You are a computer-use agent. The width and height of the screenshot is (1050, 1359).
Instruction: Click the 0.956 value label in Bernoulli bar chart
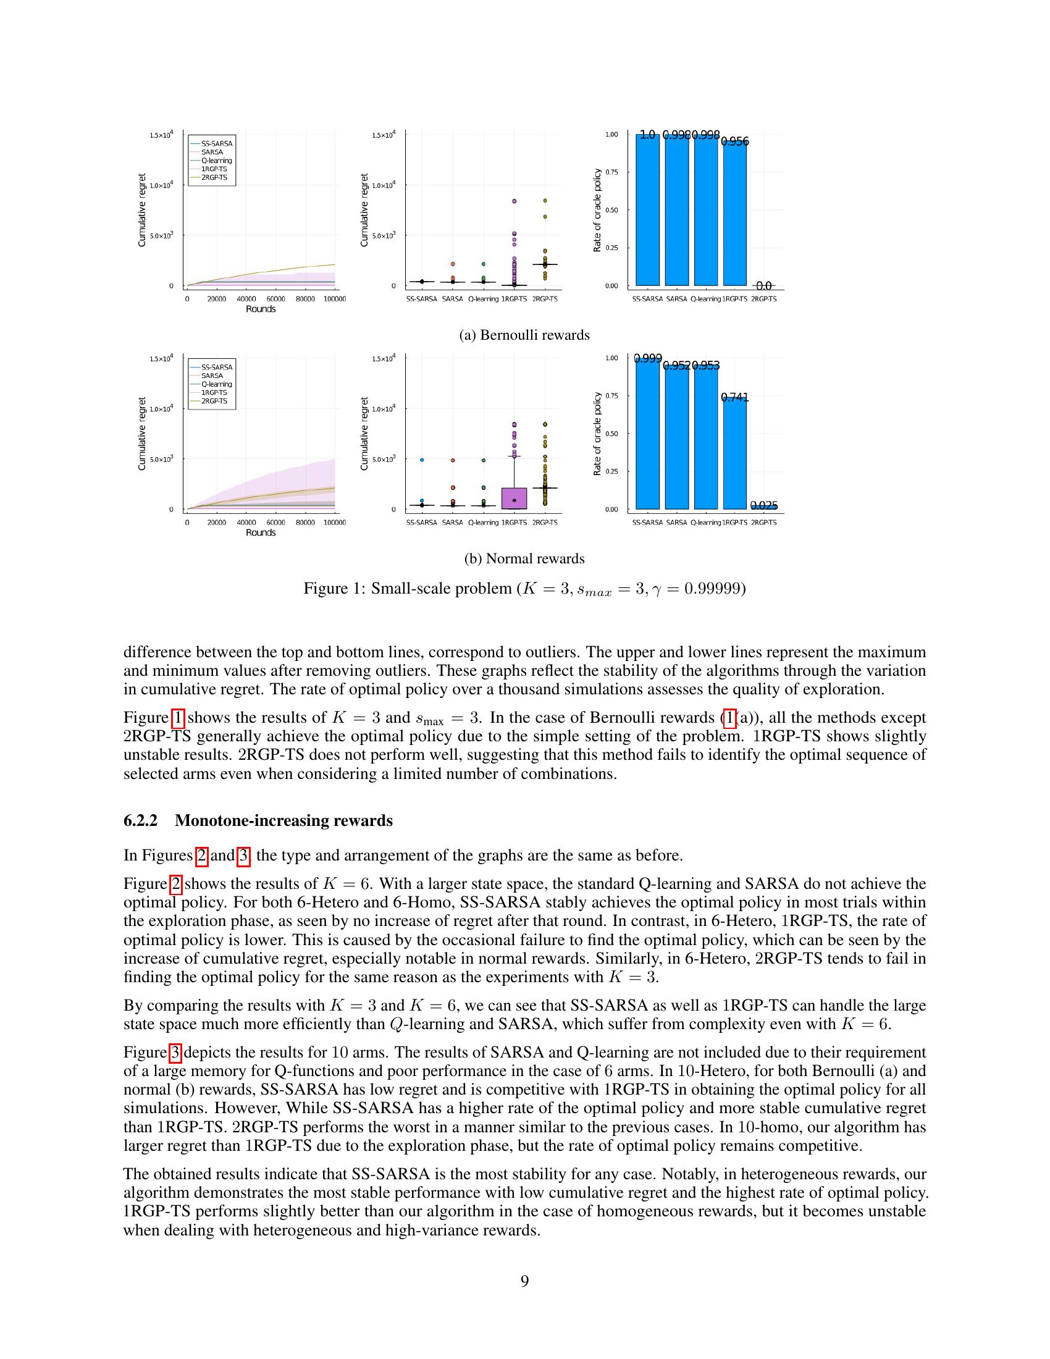(734, 142)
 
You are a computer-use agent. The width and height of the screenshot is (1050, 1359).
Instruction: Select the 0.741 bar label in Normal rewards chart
(734, 397)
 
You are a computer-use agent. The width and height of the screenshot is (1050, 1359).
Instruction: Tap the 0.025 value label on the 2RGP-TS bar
(764, 506)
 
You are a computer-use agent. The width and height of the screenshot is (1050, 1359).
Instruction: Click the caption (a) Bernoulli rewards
(524, 335)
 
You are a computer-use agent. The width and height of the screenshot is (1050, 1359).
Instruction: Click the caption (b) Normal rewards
(524, 559)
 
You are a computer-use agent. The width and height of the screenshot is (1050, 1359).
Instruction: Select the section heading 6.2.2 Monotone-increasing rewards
(258, 821)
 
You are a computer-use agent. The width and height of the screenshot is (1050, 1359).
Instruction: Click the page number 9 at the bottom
(524, 1281)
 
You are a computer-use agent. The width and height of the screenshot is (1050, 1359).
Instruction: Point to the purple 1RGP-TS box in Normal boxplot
(514, 498)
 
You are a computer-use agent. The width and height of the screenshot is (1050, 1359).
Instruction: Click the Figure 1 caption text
(524, 589)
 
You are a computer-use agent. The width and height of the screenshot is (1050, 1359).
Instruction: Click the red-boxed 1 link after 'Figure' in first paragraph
(177, 717)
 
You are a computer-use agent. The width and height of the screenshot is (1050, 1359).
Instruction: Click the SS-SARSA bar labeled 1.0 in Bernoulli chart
(647, 211)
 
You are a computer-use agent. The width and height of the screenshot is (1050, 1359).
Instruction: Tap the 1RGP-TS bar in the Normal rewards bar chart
(734, 454)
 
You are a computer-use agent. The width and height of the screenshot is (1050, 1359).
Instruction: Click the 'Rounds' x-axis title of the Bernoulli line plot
(261, 309)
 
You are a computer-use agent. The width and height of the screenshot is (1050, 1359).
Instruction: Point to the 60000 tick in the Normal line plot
(275, 523)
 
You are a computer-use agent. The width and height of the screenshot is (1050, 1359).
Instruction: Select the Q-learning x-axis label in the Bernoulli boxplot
(484, 300)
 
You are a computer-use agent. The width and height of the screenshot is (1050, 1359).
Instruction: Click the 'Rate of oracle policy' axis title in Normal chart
(597, 434)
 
